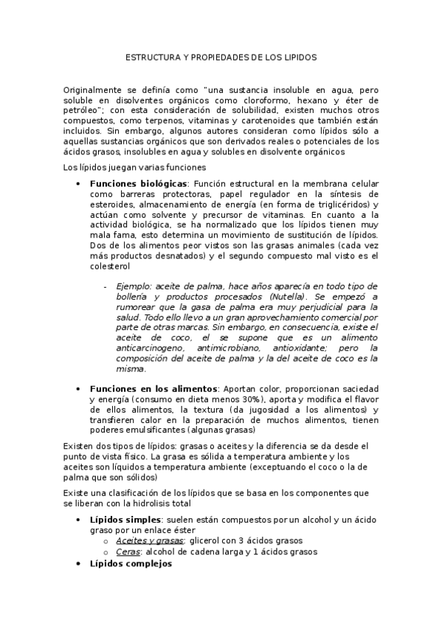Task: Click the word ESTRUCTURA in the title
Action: pyautogui.click(x=151, y=57)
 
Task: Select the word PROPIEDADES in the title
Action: pyautogui.click(x=218, y=57)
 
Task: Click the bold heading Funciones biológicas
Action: pyautogui.click(x=138, y=183)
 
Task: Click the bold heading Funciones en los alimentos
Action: pyautogui.click(x=153, y=389)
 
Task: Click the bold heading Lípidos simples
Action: pyautogui.click(x=122, y=520)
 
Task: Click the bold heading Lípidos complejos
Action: pyautogui.click(x=130, y=563)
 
